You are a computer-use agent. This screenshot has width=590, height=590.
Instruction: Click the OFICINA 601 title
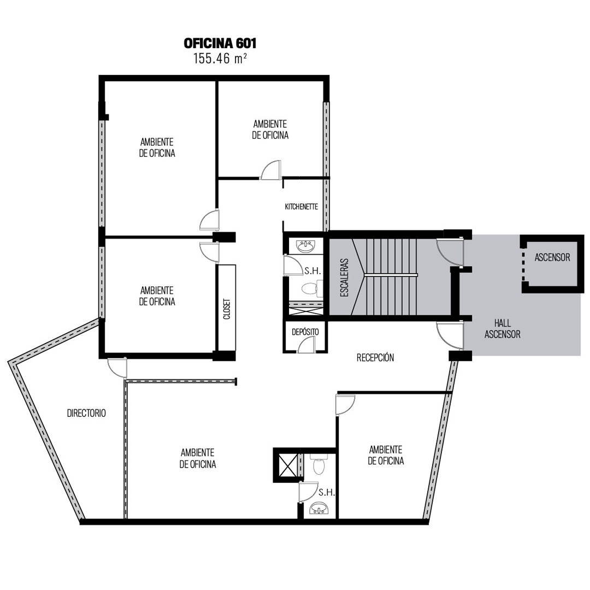click(220, 43)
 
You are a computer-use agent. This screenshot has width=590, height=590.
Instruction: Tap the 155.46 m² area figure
click(220, 58)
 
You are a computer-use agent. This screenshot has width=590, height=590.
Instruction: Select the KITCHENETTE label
click(302, 206)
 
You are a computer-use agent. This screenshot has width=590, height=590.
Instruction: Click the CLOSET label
click(227, 309)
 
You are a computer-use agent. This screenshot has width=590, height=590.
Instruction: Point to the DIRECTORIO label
click(86, 413)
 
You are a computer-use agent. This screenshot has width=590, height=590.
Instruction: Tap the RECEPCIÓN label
click(375, 357)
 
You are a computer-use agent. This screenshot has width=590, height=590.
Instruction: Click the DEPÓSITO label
click(305, 332)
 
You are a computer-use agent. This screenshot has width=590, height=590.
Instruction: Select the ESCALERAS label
click(344, 278)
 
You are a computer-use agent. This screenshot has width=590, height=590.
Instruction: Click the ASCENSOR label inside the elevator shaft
click(552, 257)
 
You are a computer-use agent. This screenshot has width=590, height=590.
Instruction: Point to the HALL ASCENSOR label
click(503, 328)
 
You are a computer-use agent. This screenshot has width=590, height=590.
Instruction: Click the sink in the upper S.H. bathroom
click(305, 246)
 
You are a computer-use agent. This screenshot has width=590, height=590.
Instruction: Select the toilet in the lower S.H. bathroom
click(318, 464)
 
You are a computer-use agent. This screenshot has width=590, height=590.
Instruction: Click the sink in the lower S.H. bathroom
click(319, 510)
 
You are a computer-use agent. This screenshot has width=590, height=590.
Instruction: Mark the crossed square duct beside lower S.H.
click(287, 465)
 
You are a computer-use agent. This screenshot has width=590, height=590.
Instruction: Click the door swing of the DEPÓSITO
click(306, 345)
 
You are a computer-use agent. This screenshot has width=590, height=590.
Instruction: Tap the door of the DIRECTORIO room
click(117, 368)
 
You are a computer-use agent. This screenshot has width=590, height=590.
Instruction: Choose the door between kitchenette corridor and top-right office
click(271, 170)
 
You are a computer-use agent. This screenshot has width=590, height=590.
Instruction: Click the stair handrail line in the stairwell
click(391, 275)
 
